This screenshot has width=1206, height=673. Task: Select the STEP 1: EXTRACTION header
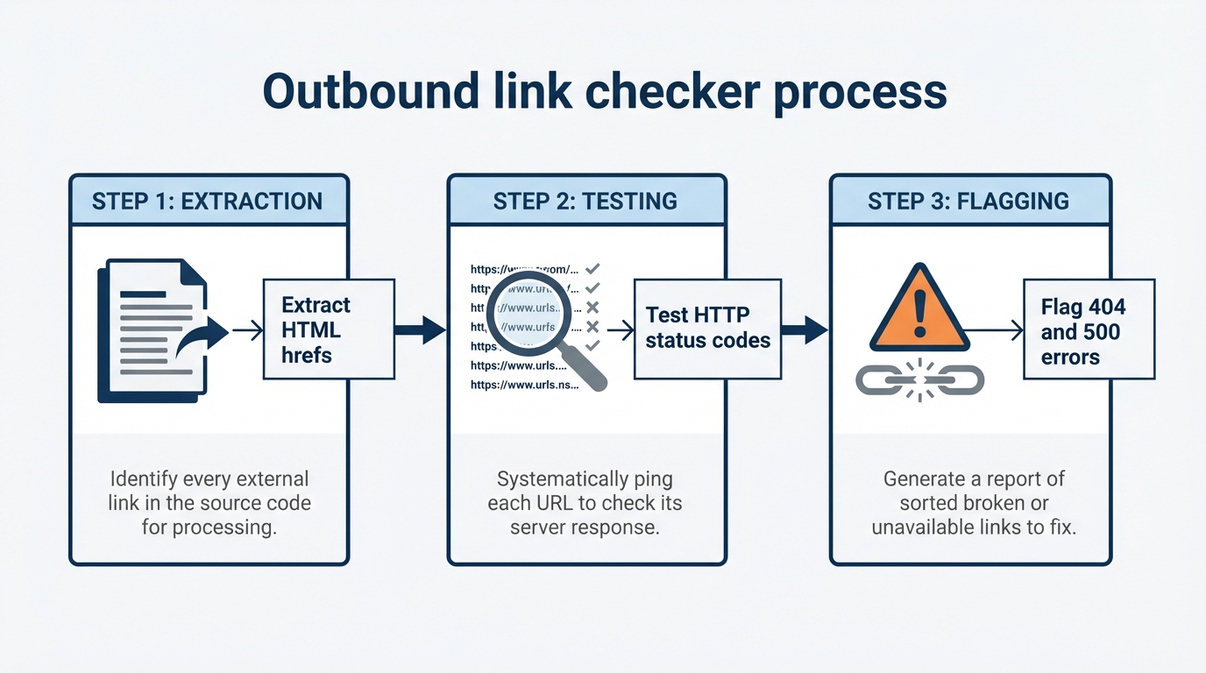[x=208, y=201]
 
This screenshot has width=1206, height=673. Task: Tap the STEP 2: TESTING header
[x=585, y=201]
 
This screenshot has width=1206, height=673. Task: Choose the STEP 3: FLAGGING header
[x=968, y=201]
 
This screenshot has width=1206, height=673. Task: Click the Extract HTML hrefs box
[x=329, y=329]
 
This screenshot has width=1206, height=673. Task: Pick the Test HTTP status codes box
[x=707, y=329]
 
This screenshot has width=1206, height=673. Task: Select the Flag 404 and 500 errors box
[x=1089, y=329]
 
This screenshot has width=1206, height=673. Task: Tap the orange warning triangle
[x=919, y=311]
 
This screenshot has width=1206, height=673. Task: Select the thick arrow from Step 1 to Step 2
[x=421, y=330]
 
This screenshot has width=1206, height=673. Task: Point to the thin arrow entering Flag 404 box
[x=995, y=330]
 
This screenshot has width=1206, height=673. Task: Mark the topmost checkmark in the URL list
[x=592, y=268]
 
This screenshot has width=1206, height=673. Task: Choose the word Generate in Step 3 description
[x=924, y=479]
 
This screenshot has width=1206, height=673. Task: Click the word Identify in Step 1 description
[x=147, y=479]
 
